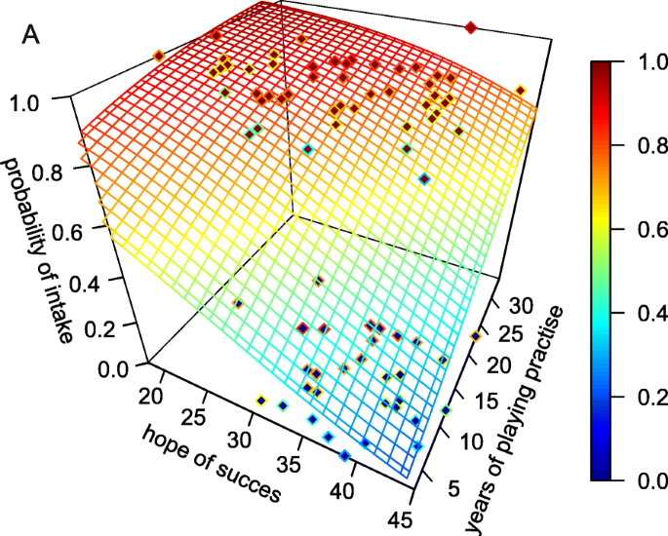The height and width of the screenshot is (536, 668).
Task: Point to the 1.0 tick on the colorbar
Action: point(641,63)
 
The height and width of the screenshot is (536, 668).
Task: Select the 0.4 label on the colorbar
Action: point(641,314)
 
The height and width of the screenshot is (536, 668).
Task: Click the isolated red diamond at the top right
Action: point(471,28)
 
